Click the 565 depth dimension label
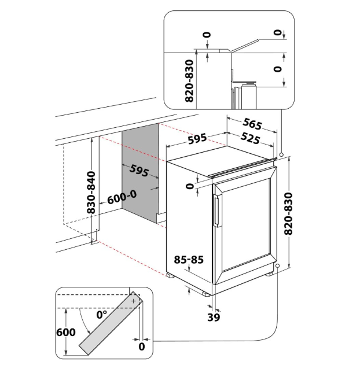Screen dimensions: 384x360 252,124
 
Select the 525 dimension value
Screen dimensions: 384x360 249,139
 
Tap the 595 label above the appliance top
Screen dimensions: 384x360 197,139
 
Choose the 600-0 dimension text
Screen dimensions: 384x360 122,197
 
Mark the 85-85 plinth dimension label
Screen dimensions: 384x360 189,260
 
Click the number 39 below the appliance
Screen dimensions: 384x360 214,317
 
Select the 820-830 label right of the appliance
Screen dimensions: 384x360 289,213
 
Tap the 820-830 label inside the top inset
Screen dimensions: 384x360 188,83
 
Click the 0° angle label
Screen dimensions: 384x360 102,315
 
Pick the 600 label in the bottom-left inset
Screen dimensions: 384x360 66,332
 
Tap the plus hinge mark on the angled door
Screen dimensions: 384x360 133,301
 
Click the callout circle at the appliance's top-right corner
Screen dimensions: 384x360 280,155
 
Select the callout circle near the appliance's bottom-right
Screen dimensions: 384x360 278,267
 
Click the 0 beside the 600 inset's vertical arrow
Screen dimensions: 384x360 142,346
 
